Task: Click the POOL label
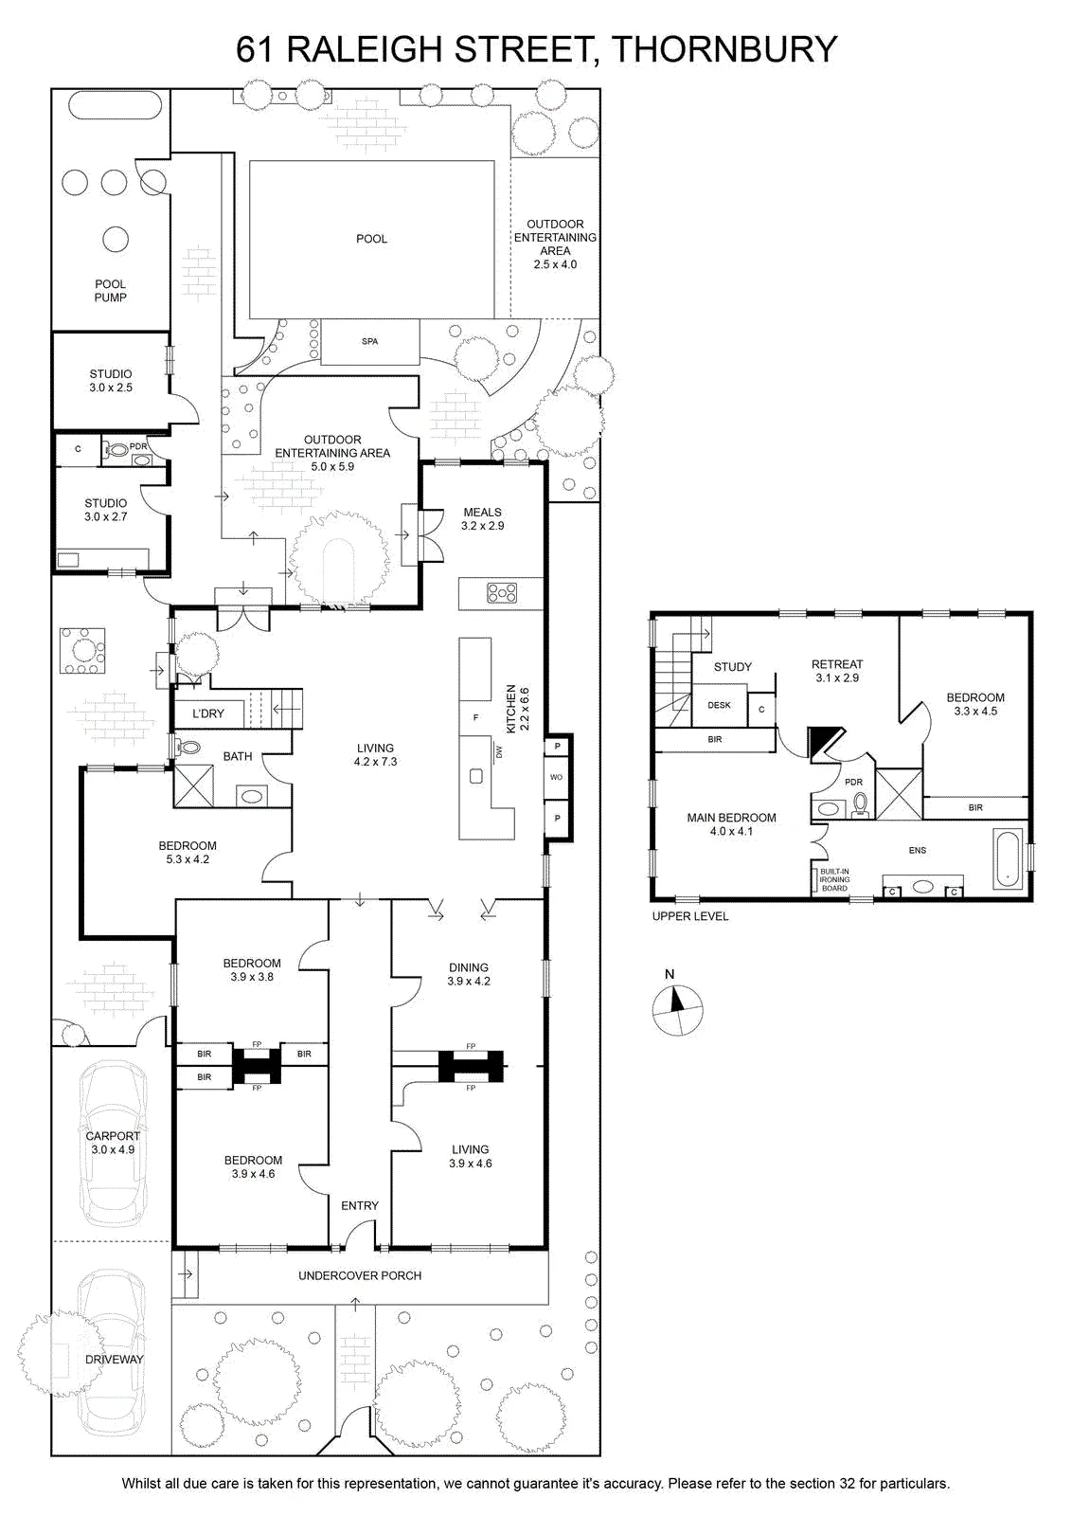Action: tap(371, 239)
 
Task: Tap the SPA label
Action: tap(369, 341)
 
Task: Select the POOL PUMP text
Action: tap(110, 290)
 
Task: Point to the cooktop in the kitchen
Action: tap(501, 593)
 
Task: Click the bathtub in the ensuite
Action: tap(1008, 858)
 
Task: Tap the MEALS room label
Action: tap(482, 513)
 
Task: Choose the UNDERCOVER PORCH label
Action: tap(360, 1275)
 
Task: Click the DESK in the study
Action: tap(719, 705)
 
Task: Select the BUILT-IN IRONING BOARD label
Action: tap(834, 879)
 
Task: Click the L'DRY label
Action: tap(207, 713)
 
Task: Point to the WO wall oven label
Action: tap(556, 777)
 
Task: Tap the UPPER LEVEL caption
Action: tap(689, 915)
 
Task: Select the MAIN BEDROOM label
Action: tap(731, 818)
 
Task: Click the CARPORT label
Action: tap(113, 1136)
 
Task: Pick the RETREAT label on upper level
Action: tap(837, 664)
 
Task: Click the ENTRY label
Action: tap(360, 1205)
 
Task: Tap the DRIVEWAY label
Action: tap(115, 1359)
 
